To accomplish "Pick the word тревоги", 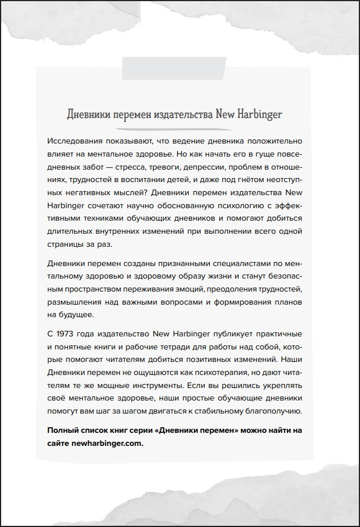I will pos(202,167).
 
